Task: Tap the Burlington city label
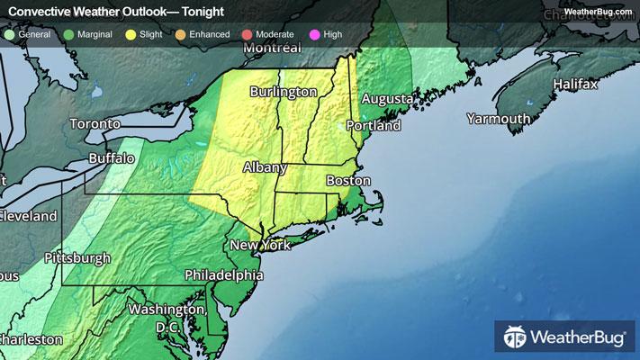point(284,92)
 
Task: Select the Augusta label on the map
point(387,98)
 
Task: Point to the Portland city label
point(374,126)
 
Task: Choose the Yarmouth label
point(498,119)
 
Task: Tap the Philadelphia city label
point(223,274)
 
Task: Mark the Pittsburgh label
point(77,257)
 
